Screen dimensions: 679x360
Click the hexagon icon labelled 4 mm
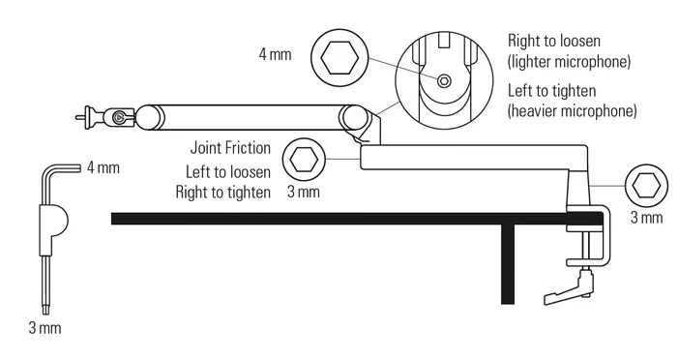[x=339, y=58]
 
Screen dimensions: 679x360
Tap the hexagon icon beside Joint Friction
[x=303, y=158]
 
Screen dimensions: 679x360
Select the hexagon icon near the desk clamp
[x=646, y=184]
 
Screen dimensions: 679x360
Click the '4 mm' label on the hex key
[x=103, y=167]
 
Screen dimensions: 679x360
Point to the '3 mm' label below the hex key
[x=44, y=328]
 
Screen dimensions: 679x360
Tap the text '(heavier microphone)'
[x=572, y=111]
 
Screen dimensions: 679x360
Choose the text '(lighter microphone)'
[x=569, y=62]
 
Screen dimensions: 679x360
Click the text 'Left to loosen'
[x=228, y=171]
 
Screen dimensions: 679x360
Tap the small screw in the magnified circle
[x=444, y=81]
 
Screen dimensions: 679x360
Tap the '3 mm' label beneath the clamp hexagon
[x=646, y=218]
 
